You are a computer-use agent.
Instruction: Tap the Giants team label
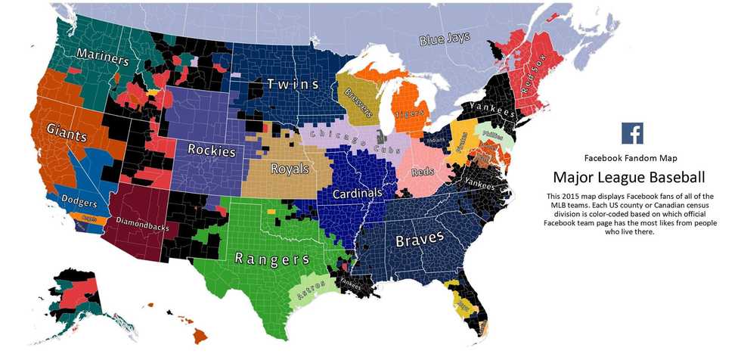[x=65, y=132]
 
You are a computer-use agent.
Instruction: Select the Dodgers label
[x=76, y=203]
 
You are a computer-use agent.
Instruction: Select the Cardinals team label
[x=358, y=194]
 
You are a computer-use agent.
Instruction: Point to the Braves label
[x=420, y=240]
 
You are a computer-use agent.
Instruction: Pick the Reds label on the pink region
[x=422, y=172]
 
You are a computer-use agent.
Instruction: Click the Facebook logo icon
[x=632, y=133]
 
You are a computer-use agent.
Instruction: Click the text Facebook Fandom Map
[x=631, y=158]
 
